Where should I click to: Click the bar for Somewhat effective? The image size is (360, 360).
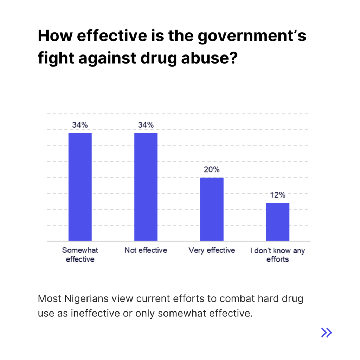pyautogui.click(x=80, y=187)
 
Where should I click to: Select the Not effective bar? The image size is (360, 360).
pyautogui.click(x=146, y=187)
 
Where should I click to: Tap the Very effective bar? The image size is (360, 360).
pyautogui.click(x=212, y=209)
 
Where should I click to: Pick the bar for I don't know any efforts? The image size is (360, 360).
pyautogui.click(x=277, y=222)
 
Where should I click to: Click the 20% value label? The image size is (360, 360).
pyautogui.click(x=212, y=170)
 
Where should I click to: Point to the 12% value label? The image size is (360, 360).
pyautogui.click(x=278, y=195)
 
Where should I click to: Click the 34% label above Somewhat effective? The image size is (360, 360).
pyautogui.click(x=80, y=125)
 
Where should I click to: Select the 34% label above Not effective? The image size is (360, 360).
pyautogui.click(x=146, y=125)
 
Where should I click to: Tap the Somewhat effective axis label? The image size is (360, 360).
pyautogui.click(x=80, y=255)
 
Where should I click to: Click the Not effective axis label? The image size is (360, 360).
pyautogui.click(x=146, y=250)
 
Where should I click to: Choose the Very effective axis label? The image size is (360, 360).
pyautogui.click(x=212, y=250)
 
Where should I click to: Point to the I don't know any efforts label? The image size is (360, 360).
pyautogui.click(x=277, y=255)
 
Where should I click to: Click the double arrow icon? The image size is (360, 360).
pyautogui.click(x=327, y=332)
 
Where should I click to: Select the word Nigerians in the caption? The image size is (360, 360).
pyautogui.click(x=83, y=299)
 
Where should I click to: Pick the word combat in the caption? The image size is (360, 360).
pyautogui.click(x=221, y=299)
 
